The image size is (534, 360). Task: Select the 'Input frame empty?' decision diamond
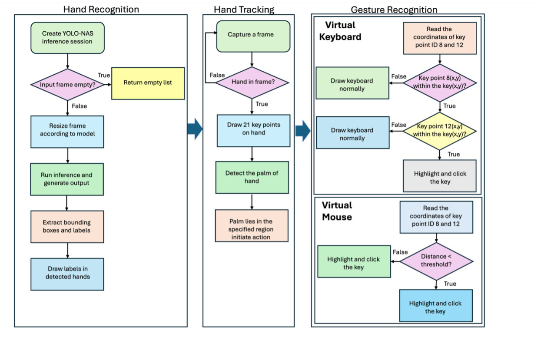click(67, 85)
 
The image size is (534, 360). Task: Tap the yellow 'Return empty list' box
click(148, 83)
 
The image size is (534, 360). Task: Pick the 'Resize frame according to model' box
click(67, 131)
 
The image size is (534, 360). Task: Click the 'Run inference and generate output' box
click(67, 179)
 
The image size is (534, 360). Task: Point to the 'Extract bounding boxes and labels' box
click(67, 226)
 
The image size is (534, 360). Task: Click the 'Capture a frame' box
click(253, 35)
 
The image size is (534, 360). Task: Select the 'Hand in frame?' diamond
click(252, 83)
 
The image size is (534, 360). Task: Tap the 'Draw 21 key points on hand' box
click(253, 129)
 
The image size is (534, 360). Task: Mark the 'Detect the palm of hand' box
click(252, 177)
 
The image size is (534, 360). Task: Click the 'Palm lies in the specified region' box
click(252, 225)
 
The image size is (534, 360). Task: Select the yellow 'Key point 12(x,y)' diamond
click(440, 130)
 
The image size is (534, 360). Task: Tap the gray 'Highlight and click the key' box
click(440, 176)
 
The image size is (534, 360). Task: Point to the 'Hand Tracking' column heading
click(244, 9)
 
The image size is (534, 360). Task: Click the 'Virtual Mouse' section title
click(337, 211)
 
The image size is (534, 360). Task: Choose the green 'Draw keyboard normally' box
click(352, 85)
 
